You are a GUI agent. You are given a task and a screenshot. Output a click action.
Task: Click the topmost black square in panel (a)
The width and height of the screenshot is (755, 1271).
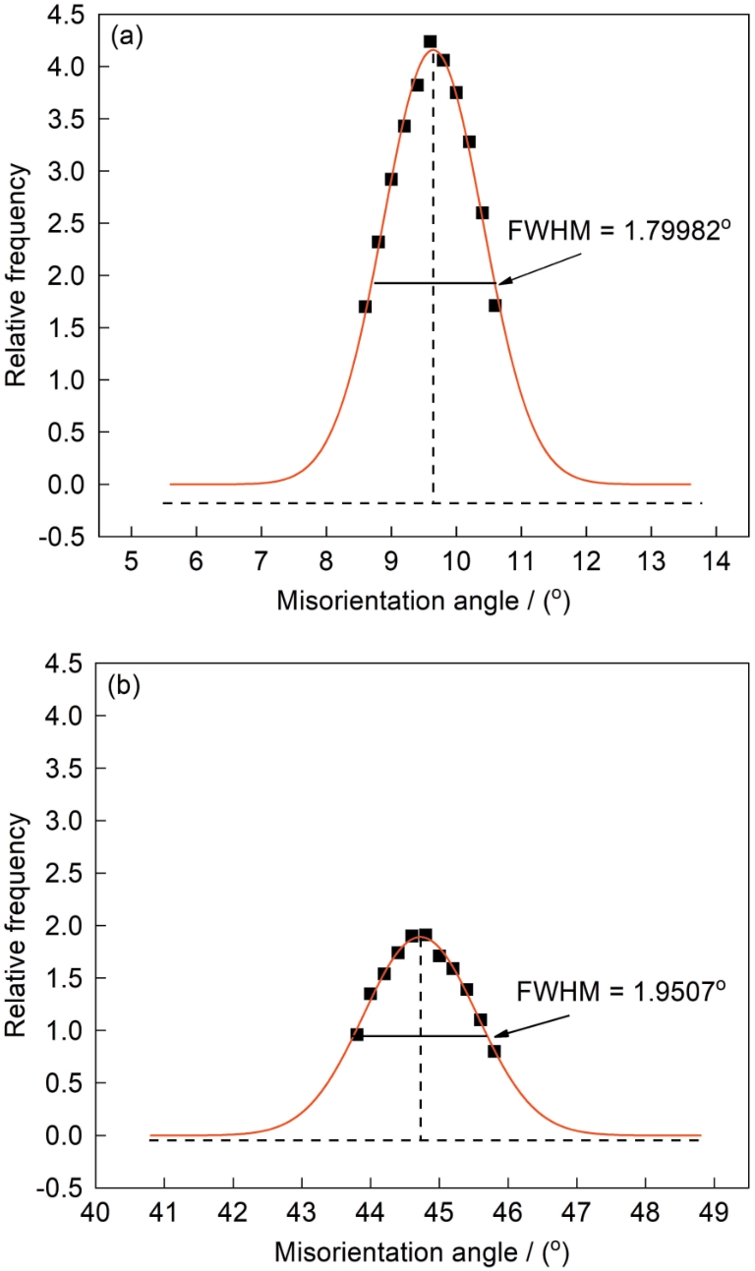430,41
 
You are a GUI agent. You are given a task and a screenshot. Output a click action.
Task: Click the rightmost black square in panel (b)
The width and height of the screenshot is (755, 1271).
494,1051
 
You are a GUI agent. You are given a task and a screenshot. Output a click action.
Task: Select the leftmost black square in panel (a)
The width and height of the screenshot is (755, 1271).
365,307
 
